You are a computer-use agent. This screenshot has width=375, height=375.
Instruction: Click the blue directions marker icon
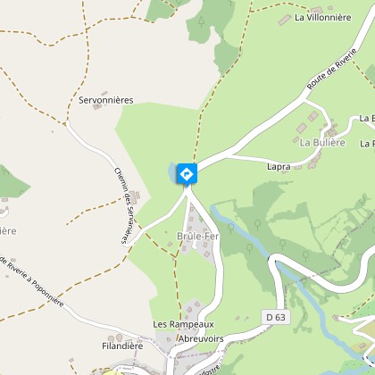(x=187, y=172)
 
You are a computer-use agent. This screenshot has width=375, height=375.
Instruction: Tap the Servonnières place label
(x=106, y=101)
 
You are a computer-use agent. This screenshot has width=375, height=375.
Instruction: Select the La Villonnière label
(x=322, y=17)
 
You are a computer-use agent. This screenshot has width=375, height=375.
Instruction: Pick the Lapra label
(x=279, y=166)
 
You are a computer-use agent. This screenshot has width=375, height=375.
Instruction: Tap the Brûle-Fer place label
(x=197, y=237)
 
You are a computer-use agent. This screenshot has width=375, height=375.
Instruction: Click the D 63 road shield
(x=274, y=316)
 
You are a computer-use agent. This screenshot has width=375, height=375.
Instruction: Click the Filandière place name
(x=122, y=344)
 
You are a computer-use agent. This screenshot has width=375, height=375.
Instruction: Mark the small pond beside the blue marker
(x=173, y=171)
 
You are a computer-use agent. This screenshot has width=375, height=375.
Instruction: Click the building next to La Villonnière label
(x=285, y=18)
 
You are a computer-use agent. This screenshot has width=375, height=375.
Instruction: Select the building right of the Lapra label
(x=312, y=162)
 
